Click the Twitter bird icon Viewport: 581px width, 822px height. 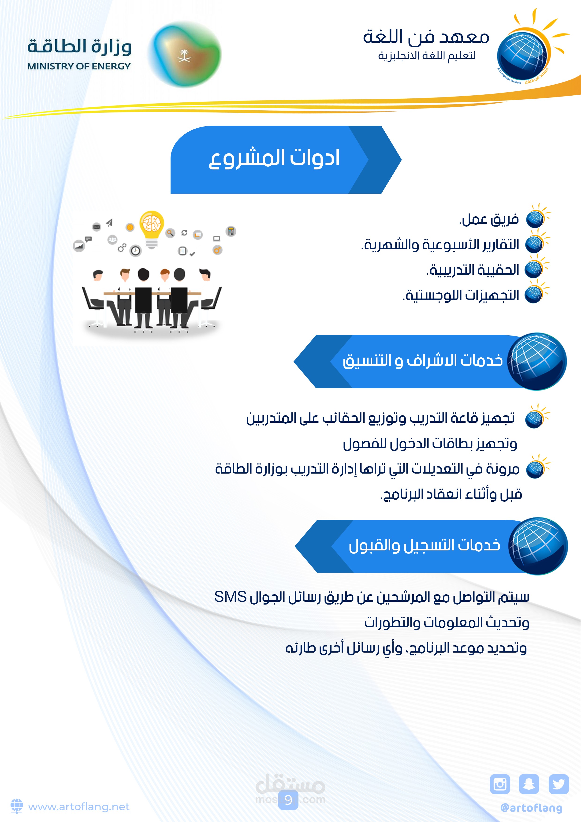point(559,784)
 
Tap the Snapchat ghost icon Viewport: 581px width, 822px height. point(529,784)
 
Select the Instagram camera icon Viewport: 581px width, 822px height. point(500,784)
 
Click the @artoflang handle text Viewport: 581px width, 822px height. point(531,808)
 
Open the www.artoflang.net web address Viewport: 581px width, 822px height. point(79,807)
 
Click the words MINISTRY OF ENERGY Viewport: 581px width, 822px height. point(79,66)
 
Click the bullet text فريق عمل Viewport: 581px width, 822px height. point(489,219)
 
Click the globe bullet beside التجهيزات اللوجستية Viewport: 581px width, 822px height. point(534,295)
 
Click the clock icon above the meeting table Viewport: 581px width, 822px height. point(136,251)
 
